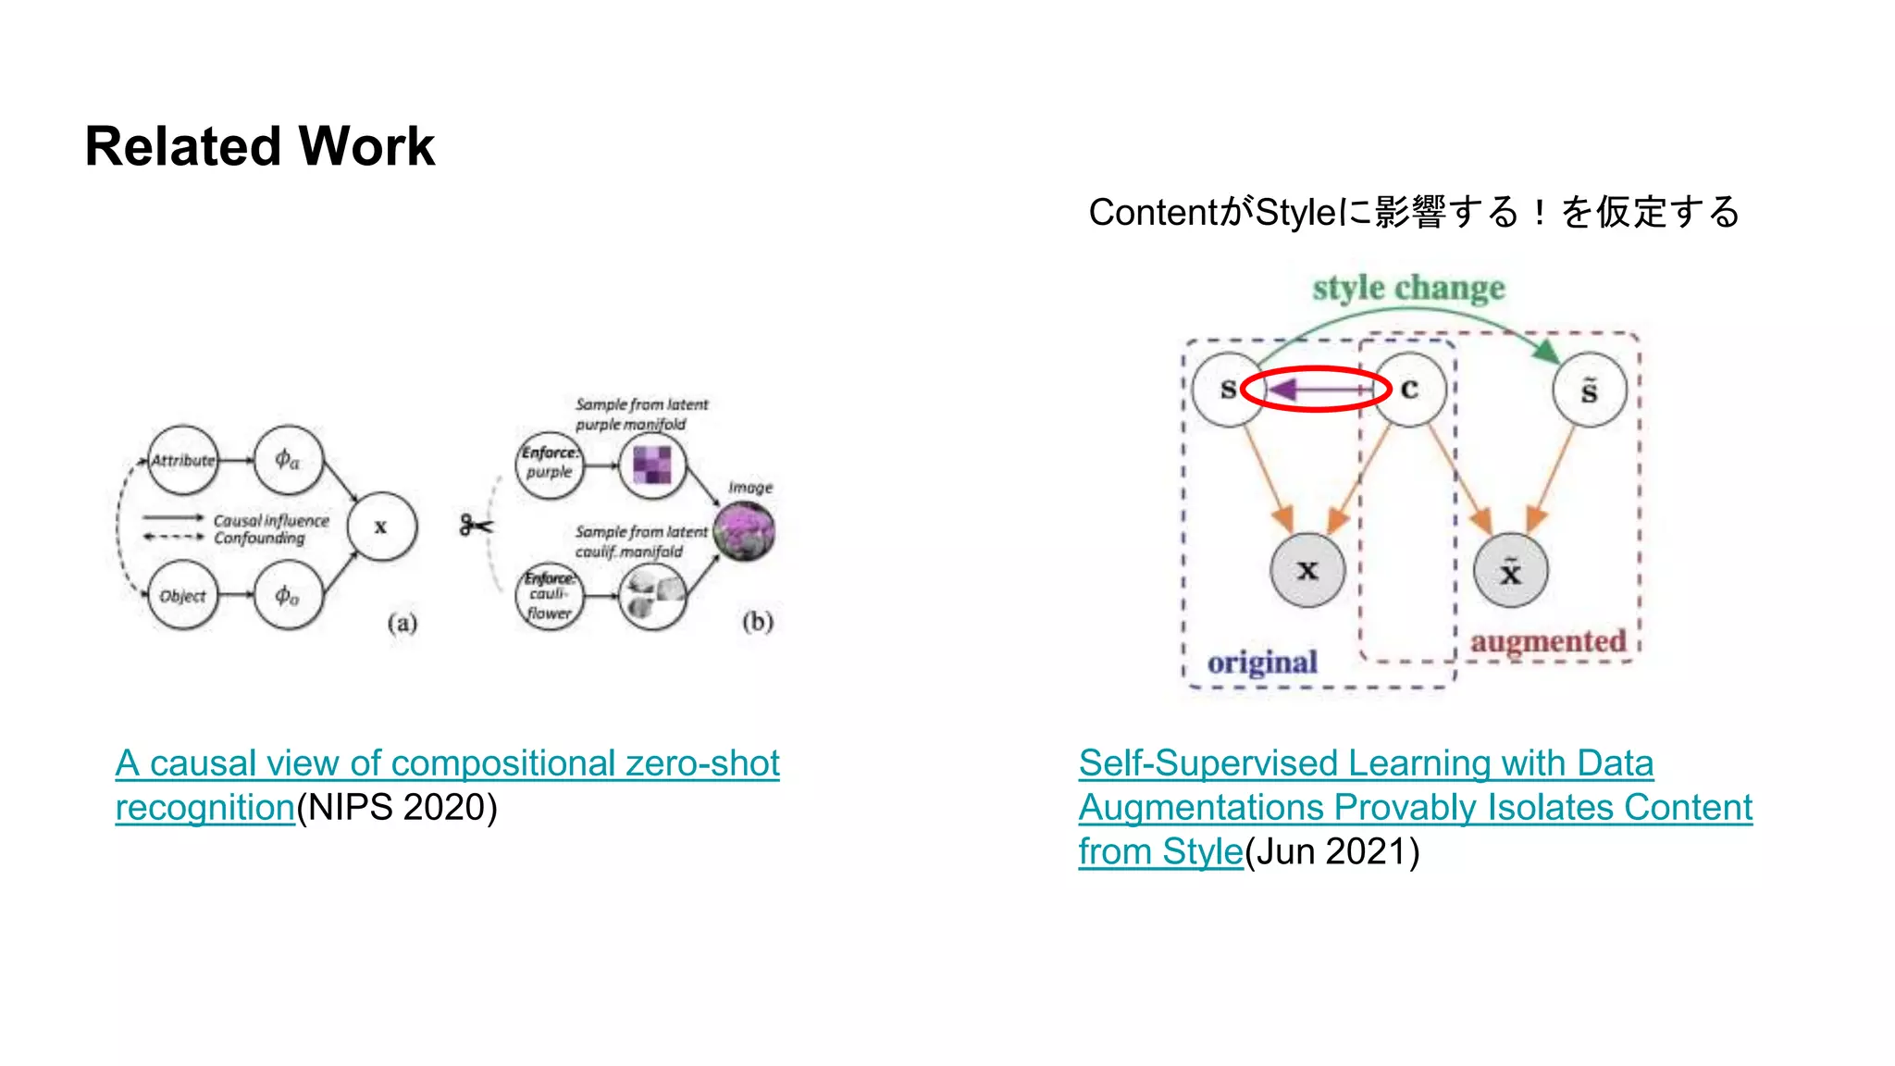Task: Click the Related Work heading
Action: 259,146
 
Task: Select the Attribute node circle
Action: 183,460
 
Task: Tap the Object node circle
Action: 183,595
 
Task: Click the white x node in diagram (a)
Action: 381,527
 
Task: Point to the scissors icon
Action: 476,526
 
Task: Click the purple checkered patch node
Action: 652,465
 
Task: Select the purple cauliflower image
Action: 744,532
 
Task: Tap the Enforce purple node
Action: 550,463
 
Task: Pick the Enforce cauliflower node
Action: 550,596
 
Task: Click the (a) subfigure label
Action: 402,623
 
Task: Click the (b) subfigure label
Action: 757,621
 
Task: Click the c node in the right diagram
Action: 1409,390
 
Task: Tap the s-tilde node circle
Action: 1589,390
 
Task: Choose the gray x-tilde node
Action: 1510,571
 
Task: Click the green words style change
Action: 1408,288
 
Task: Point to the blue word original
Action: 1262,663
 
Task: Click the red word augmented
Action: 1548,641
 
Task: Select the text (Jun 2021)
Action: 1331,852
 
